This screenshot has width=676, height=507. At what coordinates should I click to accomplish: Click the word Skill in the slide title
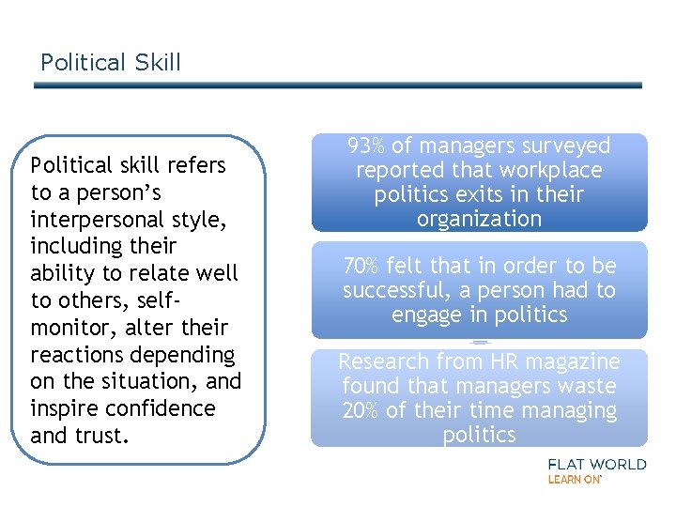(x=157, y=63)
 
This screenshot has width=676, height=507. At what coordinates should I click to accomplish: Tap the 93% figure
(x=366, y=146)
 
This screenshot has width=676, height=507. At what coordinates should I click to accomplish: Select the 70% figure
(x=361, y=266)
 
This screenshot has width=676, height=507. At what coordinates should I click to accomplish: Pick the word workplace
(x=552, y=171)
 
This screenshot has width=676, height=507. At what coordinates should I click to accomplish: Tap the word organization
(x=479, y=220)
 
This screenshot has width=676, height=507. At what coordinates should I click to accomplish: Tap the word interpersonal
(x=97, y=220)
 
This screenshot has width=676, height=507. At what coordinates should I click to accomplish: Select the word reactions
(x=79, y=355)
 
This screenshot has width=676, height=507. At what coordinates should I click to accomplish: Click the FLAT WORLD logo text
(x=596, y=464)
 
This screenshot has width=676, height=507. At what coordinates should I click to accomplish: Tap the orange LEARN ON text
(x=574, y=479)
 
